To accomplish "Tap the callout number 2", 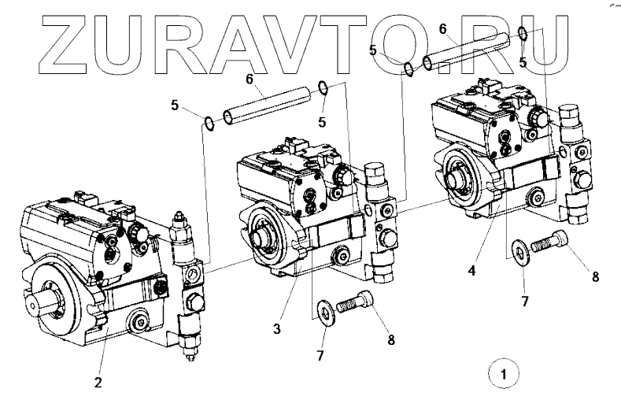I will click(x=98, y=383).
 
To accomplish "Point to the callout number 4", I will click(x=471, y=270).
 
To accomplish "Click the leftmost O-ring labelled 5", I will click(x=208, y=122).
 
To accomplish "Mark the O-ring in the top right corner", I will click(x=523, y=32).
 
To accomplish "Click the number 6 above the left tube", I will click(x=250, y=79).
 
